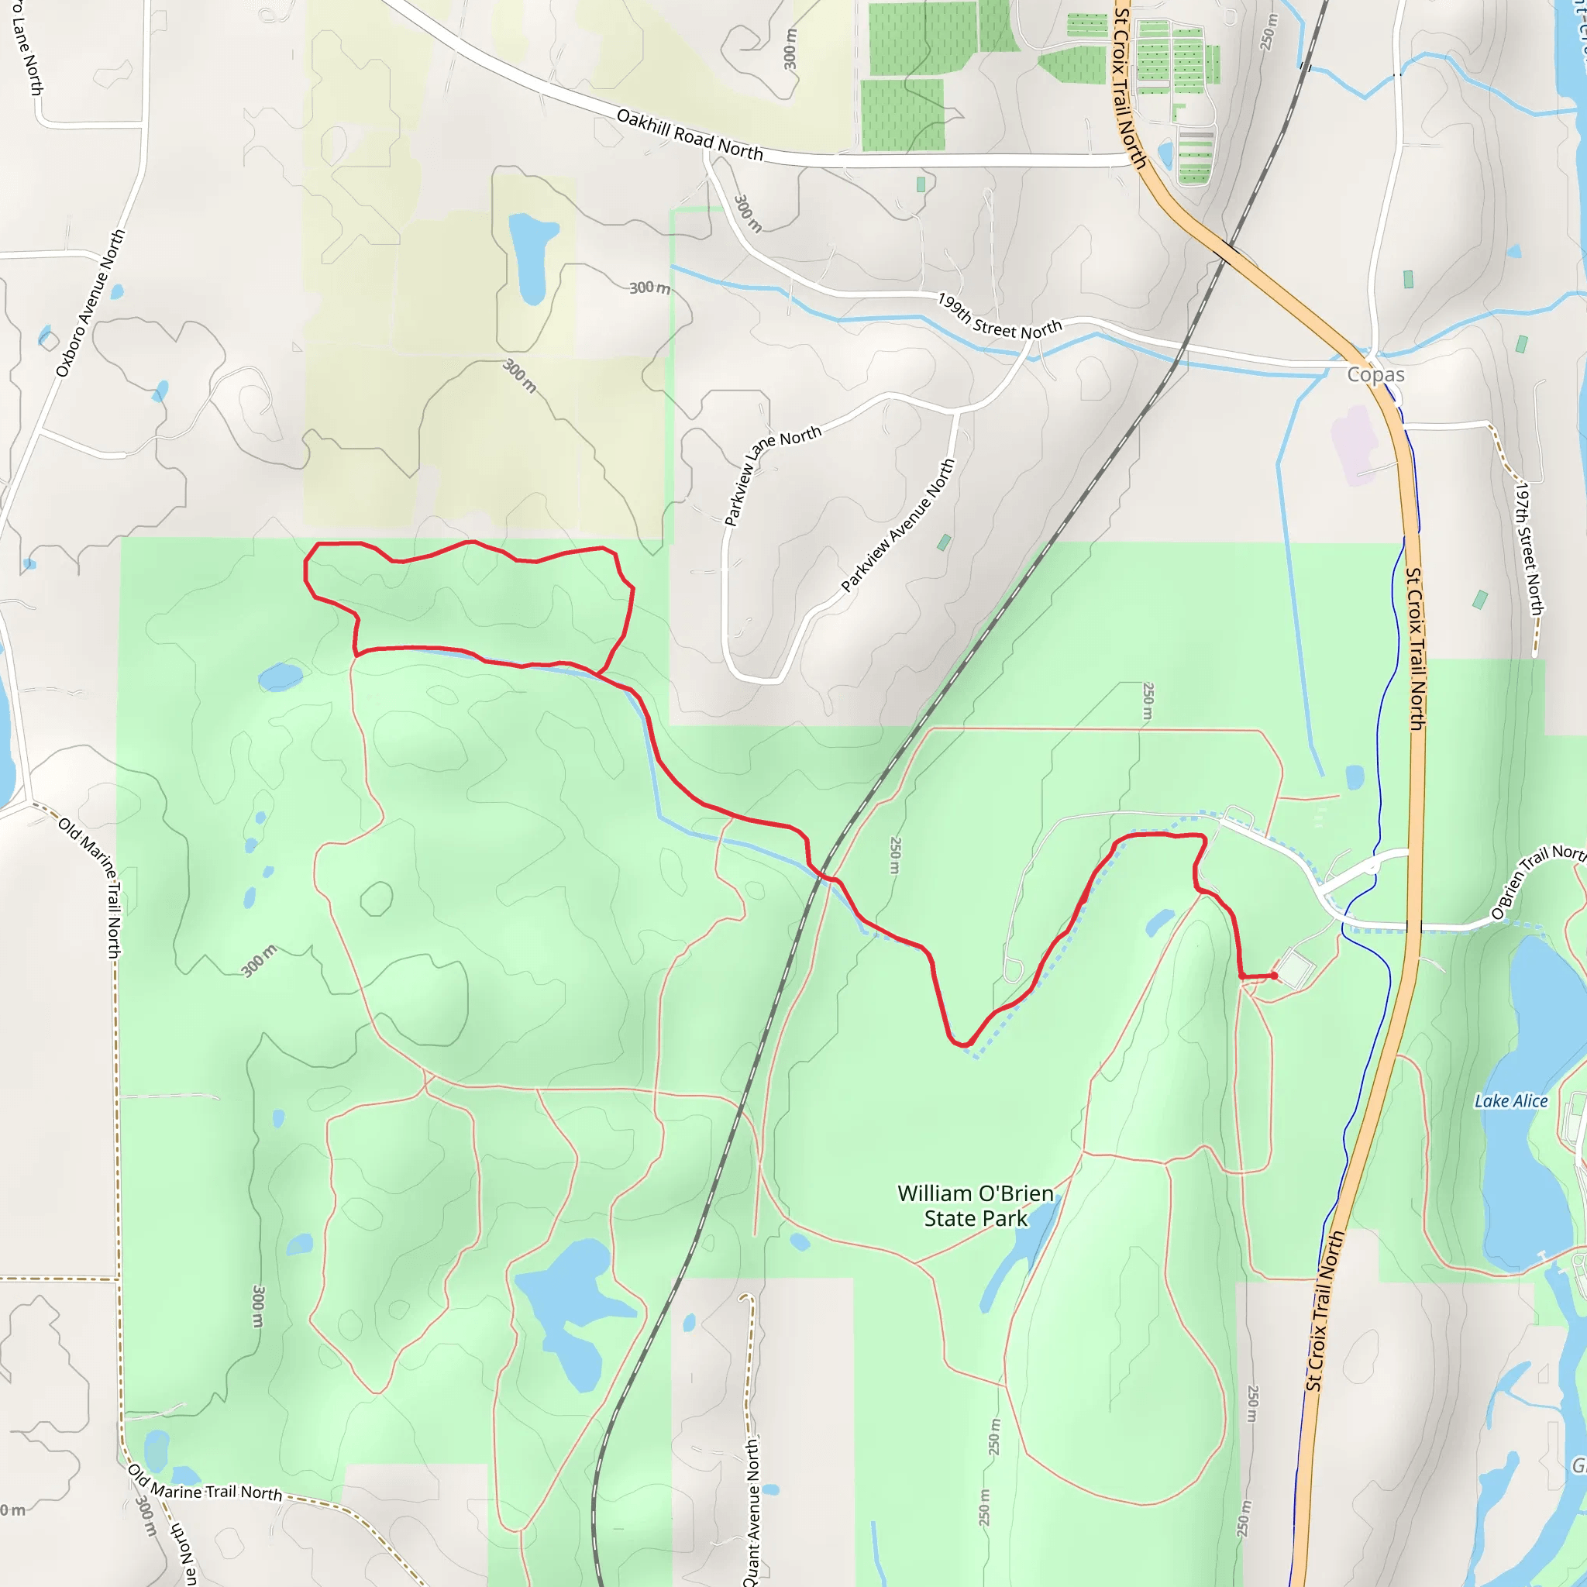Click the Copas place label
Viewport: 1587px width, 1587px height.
point(1375,374)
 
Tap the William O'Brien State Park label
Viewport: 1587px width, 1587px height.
point(975,1206)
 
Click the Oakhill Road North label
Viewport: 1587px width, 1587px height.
point(689,135)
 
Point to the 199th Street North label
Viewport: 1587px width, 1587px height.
point(1000,317)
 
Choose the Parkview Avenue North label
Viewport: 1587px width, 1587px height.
point(899,525)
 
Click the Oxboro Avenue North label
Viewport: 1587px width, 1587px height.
point(91,303)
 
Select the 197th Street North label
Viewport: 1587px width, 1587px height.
point(1528,549)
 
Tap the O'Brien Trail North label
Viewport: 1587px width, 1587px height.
point(1536,880)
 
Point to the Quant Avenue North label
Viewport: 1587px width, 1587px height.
point(752,1511)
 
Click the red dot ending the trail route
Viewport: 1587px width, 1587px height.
point(1273,976)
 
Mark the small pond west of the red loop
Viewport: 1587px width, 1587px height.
point(280,678)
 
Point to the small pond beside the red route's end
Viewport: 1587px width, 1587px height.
point(1160,922)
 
